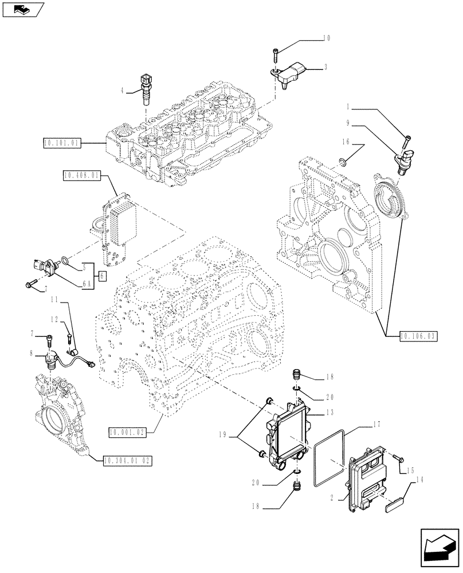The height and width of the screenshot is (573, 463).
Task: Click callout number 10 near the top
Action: coord(327,39)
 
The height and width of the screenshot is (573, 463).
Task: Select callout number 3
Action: coord(325,68)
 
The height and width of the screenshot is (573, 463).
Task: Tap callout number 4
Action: coord(123,89)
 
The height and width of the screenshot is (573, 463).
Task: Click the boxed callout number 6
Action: coord(102,276)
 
